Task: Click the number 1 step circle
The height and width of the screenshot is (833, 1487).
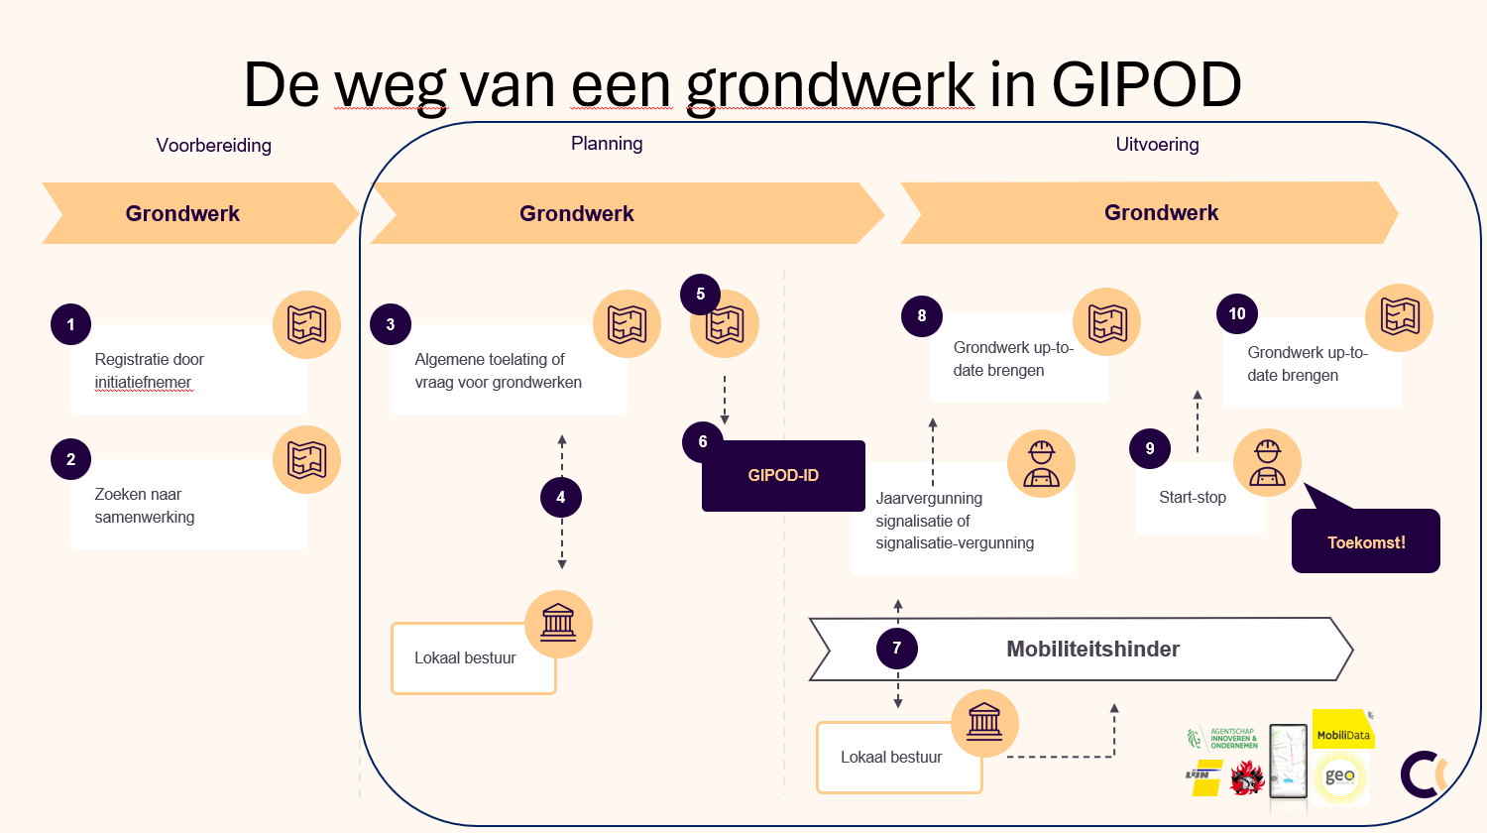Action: click(70, 324)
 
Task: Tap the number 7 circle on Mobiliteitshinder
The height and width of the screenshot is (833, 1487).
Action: click(897, 649)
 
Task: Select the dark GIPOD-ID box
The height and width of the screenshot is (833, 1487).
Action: click(783, 476)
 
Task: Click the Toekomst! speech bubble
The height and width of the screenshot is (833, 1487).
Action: click(1365, 541)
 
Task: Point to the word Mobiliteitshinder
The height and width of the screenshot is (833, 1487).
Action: click(1092, 650)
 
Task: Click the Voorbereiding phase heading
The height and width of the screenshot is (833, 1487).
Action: click(213, 146)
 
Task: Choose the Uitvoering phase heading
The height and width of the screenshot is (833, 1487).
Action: click(1157, 145)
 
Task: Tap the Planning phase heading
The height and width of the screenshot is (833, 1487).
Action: click(607, 144)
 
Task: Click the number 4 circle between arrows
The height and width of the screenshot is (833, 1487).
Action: click(561, 498)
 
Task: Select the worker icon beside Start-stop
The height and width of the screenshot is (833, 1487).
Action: click(1267, 463)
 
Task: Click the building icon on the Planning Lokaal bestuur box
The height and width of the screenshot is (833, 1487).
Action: click(558, 624)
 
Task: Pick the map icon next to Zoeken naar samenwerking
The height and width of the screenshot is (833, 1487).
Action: click(306, 460)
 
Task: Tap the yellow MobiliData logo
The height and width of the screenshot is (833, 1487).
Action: click(1343, 731)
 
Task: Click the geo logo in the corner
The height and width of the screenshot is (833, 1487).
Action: click(1340, 776)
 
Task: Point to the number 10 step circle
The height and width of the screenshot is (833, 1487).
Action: click(1237, 314)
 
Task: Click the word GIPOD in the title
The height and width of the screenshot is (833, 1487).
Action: click(1146, 85)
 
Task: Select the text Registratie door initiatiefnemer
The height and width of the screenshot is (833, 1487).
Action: click(149, 371)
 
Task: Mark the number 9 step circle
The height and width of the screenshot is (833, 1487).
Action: click(1150, 448)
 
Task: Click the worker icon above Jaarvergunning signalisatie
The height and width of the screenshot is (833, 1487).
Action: click(1041, 463)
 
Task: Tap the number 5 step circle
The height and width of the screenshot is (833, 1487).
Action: click(701, 295)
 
